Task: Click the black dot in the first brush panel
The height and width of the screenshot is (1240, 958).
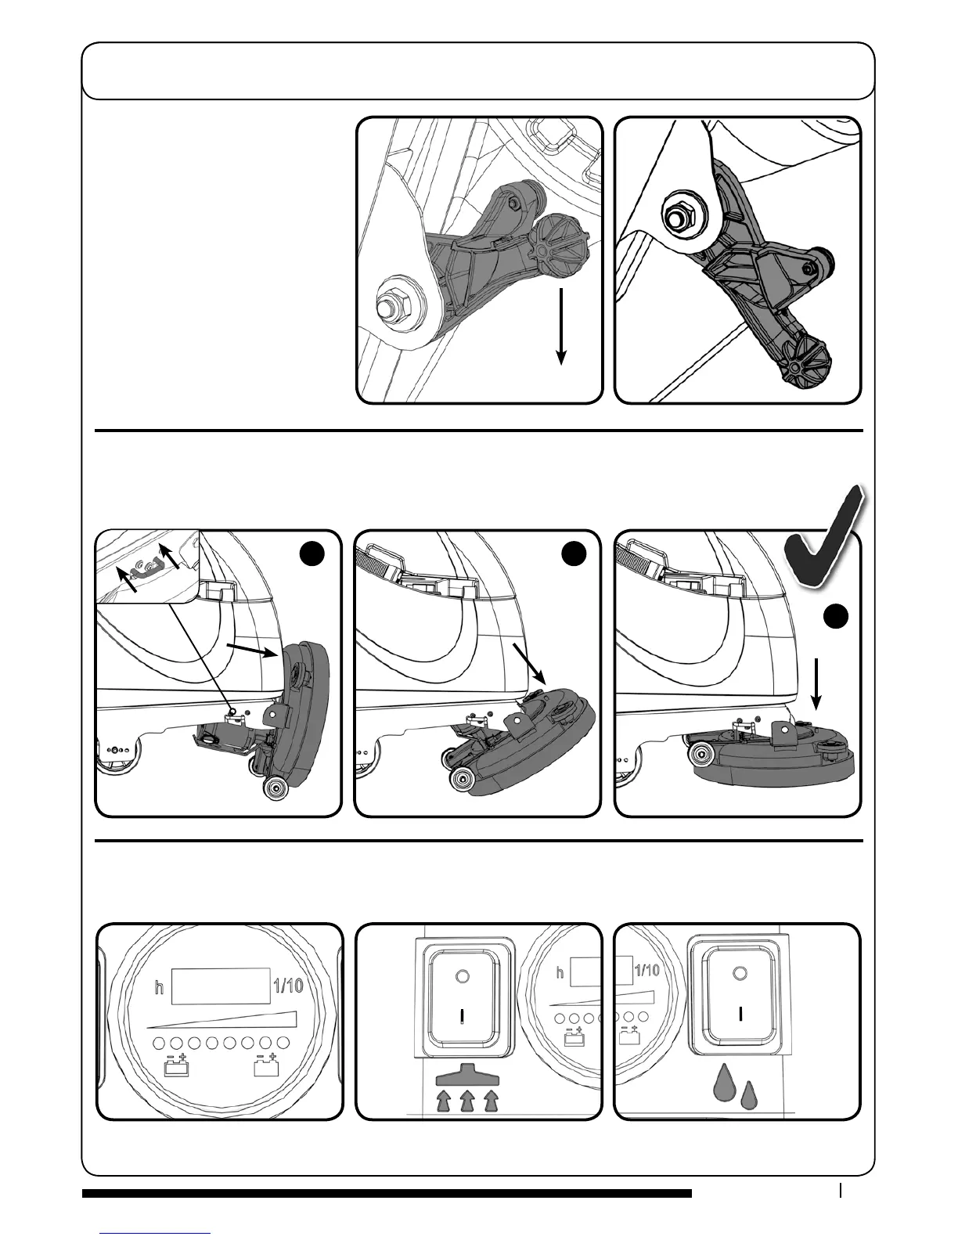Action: pyautogui.click(x=312, y=554)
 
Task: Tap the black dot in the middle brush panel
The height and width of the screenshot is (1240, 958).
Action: pyautogui.click(x=574, y=554)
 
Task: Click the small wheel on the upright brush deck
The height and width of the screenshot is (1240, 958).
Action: pyautogui.click(x=276, y=788)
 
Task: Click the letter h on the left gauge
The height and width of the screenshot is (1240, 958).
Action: pyautogui.click(x=159, y=988)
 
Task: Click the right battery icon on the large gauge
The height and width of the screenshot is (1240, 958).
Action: pyautogui.click(x=266, y=1066)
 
